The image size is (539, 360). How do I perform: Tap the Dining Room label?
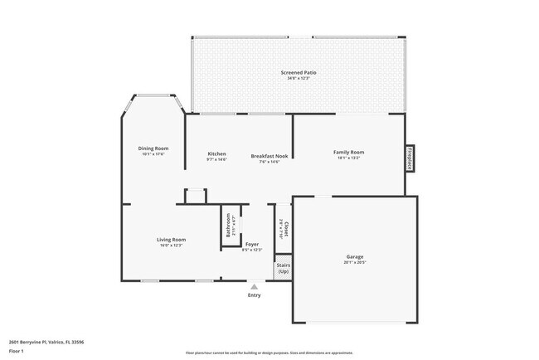click(x=153, y=148)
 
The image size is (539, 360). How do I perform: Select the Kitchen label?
click(x=216, y=153)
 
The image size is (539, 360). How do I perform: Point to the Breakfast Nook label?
click(x=269, y=156)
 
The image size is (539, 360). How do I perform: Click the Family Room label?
click(x=348, y=152)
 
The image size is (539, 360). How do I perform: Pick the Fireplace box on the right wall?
click(x=410, y=158)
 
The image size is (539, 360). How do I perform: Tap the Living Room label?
click(x=172, y=240)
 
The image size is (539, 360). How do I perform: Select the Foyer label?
click(x=251, y=244)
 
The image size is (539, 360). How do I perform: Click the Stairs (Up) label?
click(x=284, y=268)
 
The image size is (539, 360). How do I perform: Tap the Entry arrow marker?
click(x=254, y=286)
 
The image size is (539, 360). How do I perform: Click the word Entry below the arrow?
click(x=254, y=295)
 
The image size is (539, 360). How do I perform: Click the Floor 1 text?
click(x=17, y=351)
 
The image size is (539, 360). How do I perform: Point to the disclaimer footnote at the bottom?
click(x=269, y=352)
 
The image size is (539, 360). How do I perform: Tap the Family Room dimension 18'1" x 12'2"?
click(x=348, y=158)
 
